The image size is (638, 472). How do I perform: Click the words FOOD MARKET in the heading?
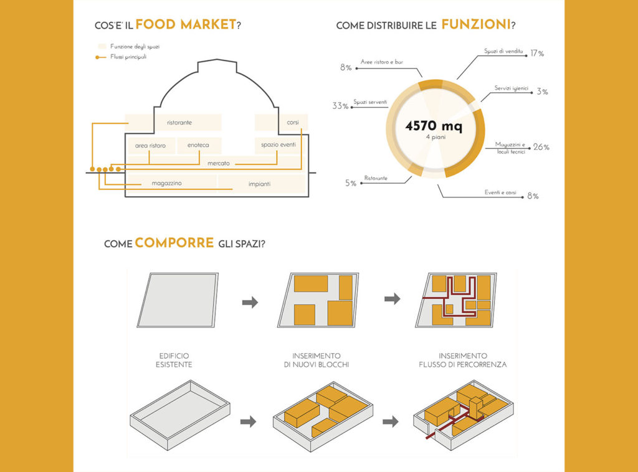pos(186,24)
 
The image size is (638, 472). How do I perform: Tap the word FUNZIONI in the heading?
pos(475,24)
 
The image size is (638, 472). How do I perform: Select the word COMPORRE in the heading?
pos(174,243)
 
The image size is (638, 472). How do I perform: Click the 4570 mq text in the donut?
pos(434,126)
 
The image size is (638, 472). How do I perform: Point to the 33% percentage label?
pos(340,106)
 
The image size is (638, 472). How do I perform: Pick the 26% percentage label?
pos(541,147)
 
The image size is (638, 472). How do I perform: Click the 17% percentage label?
pos(537,54)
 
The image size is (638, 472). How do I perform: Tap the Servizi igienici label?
pos(511,88)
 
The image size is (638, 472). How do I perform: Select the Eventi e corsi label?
pos(500,192)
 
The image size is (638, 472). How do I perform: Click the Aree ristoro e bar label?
pos(382,62)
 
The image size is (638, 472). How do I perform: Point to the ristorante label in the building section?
pos(179,123)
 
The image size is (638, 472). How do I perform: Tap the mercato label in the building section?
pos(219,163)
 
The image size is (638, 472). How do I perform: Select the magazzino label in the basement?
pos(166,183)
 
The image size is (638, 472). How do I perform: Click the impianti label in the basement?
pos(260,184)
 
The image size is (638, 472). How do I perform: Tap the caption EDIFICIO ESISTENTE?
pos(174,360)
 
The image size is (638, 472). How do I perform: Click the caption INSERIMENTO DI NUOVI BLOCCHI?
pos(317,360)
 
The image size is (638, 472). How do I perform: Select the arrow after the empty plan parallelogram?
pos(250,302)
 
